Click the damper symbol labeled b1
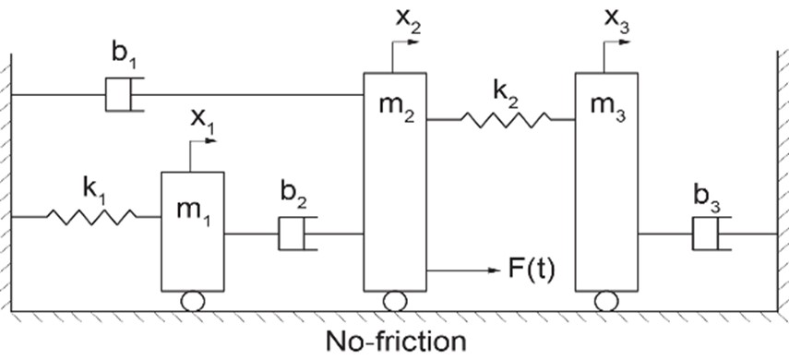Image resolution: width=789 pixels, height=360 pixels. pyautogui.click(x=125, y=94)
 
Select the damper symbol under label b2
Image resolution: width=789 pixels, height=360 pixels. pyautogui.click(x=298, y=234)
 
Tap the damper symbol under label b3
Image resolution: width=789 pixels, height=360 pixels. pyautogui.click(x=711, y=234)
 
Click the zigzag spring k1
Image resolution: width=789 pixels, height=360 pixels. pyautogui.click(x=91, y=217)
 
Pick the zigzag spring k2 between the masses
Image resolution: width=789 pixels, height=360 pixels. pyautogui.click(x=506, y=120)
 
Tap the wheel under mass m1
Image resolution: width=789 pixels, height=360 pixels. pyautogui.click(x=193, y=301)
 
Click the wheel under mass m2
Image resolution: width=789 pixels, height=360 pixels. pyautogui.click(x=395, y=301)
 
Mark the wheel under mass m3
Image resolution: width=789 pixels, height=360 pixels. pyautogui.click(x=606, y=301)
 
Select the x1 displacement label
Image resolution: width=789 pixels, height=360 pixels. pyautogui.click(x=202, y=120)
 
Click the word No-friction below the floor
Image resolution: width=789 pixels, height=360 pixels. pyautogui.click(x=396, y=341)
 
